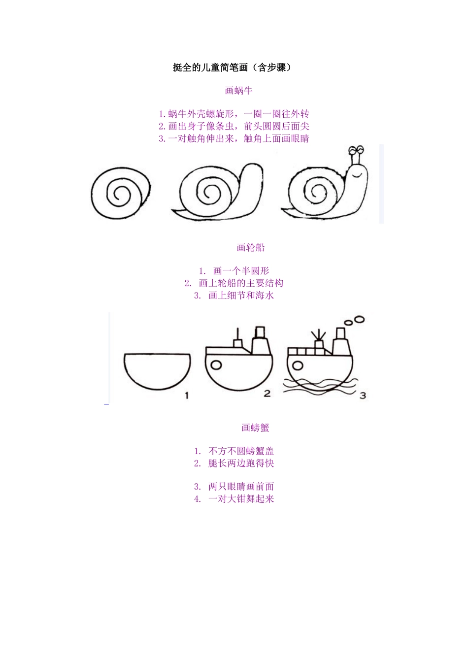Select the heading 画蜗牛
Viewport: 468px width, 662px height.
pyautogui.click(x=238, y=91)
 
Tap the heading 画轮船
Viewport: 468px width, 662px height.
pyautogui.click(x=250, y=247)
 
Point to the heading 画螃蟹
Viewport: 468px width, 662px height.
pyautogui.click(x=255, y=428)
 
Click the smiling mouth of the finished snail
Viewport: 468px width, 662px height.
pyautogui.click(x=357, y=175)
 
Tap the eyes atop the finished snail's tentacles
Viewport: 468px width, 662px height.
pyautogui.click(x=356, y=150)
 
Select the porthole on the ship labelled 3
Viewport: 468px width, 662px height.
pyautogui.click(x=298, y=365)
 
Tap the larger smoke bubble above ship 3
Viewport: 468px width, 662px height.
pyautogui.click(x=359, y=319)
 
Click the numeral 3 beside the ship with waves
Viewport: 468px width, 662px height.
pyautogui.click(x=363, y=396)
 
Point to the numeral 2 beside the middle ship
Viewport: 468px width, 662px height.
pyautogui.click(x=267, y=393)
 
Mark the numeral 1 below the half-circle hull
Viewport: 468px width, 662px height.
pyautogui.click(x=187, y=396)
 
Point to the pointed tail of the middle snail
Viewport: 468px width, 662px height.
pyautogui.click(x=172, y=209)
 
